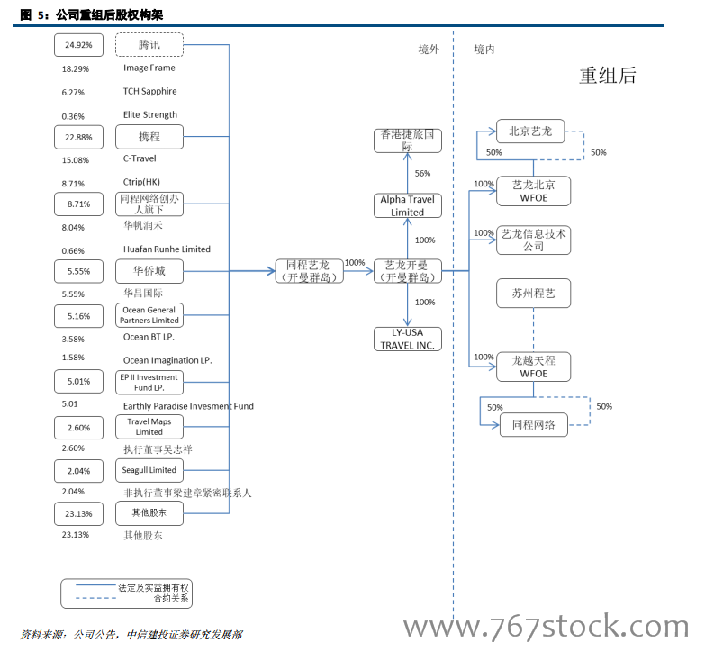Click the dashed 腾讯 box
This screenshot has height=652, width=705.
tap(149, 44)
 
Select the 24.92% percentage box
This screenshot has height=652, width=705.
tap(78, 44)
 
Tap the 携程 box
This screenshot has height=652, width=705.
tap(149, 137)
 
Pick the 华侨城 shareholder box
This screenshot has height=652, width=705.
tap(149, 271)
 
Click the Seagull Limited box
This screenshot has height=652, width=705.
tap(149, 470)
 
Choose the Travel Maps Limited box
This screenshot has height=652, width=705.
tap(149, 426)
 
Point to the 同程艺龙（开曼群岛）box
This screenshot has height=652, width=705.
tap(309, 271)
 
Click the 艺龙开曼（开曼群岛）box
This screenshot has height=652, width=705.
tap(408, 271)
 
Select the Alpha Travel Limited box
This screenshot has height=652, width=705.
tap(408, 205)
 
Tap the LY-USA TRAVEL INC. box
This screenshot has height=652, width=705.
tap(408, 339)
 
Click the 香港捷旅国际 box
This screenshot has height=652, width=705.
tap(408, 140)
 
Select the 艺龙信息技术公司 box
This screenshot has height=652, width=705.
tap(533, 240)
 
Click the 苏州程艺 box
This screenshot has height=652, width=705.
tap(533, 294)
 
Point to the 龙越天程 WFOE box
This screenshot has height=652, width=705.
tap(533, 367)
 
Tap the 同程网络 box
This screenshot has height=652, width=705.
tap(533, 425)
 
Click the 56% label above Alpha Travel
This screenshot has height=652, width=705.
tap(422, 173)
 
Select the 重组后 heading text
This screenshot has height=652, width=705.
tap(607, 76)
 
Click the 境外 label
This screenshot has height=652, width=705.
tap(429, 50)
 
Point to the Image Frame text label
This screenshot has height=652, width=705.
tap(149, 68)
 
